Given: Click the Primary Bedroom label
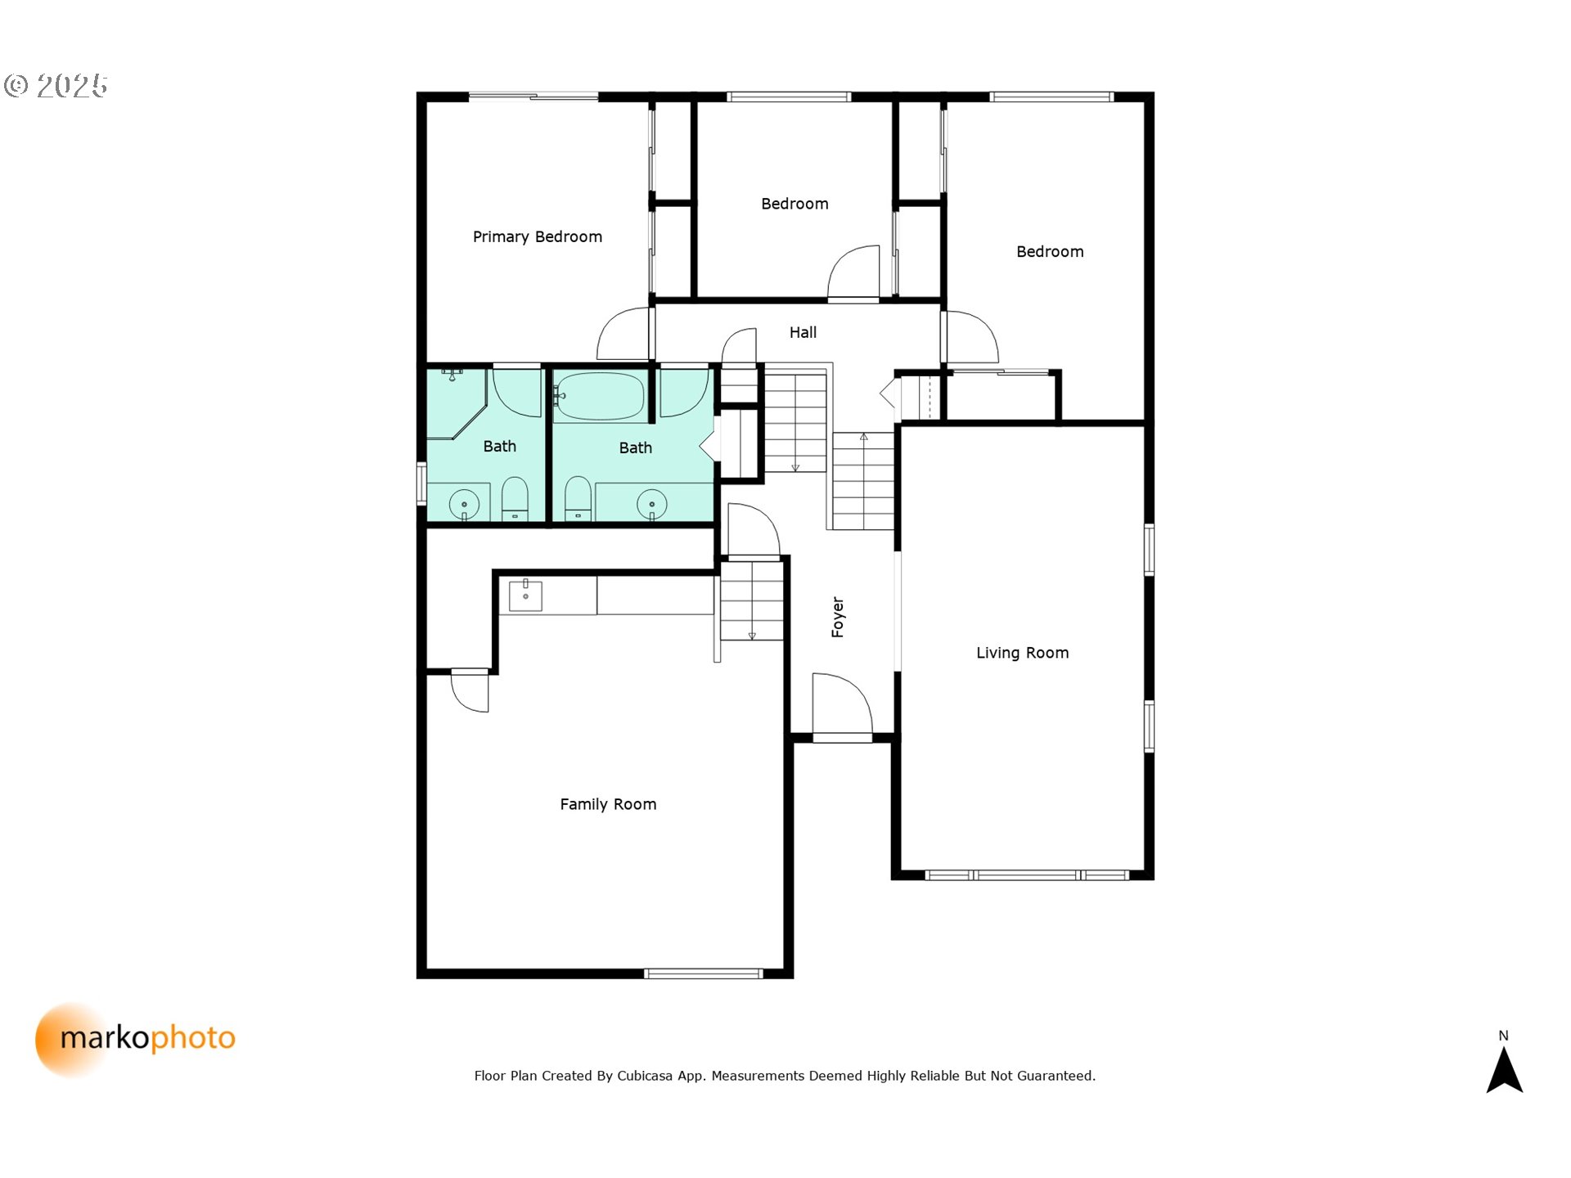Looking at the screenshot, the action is (x=537, y=236).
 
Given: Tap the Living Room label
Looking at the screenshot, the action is (x=1022, y=652).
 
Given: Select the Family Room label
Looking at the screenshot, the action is (x=608, y=804).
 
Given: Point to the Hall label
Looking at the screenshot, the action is (x=803, y=332).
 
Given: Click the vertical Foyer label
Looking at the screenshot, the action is (x=837, y=617).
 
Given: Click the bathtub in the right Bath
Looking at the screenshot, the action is (x=600, y=397).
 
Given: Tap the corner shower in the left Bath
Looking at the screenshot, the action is (x=457, y=402).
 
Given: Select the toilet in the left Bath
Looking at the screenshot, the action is (x=515, y=498).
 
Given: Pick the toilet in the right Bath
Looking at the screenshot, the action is (x=578, y=498).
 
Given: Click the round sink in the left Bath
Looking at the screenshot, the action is (x=464, y=504).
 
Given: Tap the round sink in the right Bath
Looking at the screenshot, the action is (x=651, y=504).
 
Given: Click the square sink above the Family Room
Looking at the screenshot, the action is (x=525, y=596).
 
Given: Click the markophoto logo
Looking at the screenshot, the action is (x=136, y=1039).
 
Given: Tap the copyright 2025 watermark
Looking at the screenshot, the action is (x=56, y=85).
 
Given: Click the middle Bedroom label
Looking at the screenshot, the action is (x=795, y=204).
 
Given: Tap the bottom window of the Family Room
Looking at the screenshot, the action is (x=704, y=973).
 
